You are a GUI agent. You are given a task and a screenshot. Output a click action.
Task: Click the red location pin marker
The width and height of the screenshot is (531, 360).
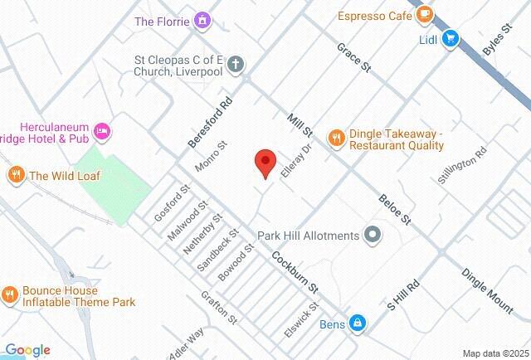coord(265,163)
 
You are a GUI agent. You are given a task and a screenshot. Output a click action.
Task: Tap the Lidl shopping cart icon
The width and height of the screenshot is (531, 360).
coord(451,38)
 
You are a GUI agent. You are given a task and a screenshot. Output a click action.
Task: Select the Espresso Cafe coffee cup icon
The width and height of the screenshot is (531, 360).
coord(425,13)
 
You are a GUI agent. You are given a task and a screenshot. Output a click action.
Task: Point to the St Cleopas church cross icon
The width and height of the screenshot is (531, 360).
coord(236,63)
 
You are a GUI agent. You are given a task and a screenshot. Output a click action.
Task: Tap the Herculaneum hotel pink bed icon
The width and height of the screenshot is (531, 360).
coord(103,131)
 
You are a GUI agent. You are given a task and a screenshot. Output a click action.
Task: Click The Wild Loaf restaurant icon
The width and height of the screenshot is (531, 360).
coord(15,175)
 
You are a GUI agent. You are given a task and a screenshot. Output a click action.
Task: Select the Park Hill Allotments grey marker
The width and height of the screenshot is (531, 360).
coord(373,236)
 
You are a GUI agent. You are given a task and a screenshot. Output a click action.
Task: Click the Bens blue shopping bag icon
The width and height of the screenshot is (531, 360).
coord(358,323)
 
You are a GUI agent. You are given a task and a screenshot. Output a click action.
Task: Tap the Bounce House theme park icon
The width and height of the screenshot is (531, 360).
coord(9,295)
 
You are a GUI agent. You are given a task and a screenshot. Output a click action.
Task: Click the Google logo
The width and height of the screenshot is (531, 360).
coord(27,350)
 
